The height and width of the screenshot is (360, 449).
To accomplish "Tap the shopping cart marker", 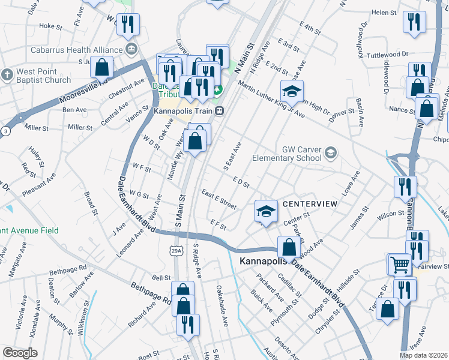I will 399,263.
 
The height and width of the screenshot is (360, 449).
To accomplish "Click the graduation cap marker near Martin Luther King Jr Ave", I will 292,91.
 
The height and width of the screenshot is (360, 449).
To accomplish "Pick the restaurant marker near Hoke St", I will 128,24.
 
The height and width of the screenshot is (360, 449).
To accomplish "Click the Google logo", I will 20,353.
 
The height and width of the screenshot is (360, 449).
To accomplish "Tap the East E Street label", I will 219,199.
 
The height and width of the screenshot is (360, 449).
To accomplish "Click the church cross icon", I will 7,74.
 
